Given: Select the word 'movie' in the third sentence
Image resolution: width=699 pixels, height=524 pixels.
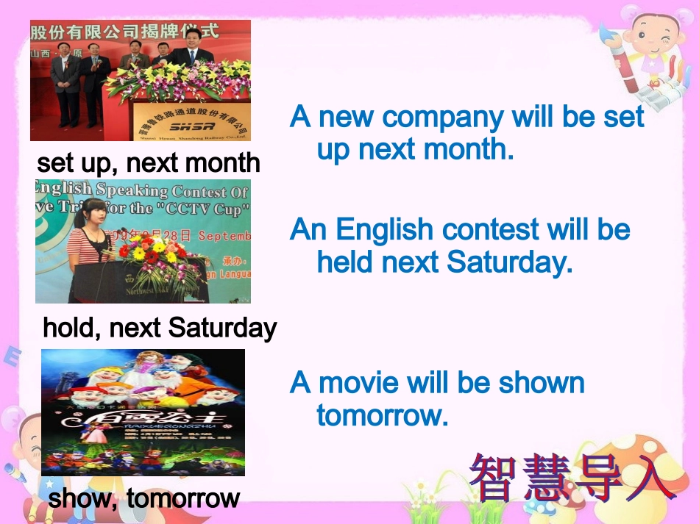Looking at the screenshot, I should click(358, 383).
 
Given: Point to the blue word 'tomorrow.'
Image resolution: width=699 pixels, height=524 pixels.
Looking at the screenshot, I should click(383, 416).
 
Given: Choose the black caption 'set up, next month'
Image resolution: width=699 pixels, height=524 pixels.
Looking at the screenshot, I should click(149, 162).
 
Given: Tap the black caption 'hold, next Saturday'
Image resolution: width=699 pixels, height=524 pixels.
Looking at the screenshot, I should click(160, 327).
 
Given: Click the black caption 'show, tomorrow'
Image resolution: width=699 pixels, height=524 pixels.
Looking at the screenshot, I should click(144, 498).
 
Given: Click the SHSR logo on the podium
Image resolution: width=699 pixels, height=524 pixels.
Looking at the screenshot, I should click(189, 126).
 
